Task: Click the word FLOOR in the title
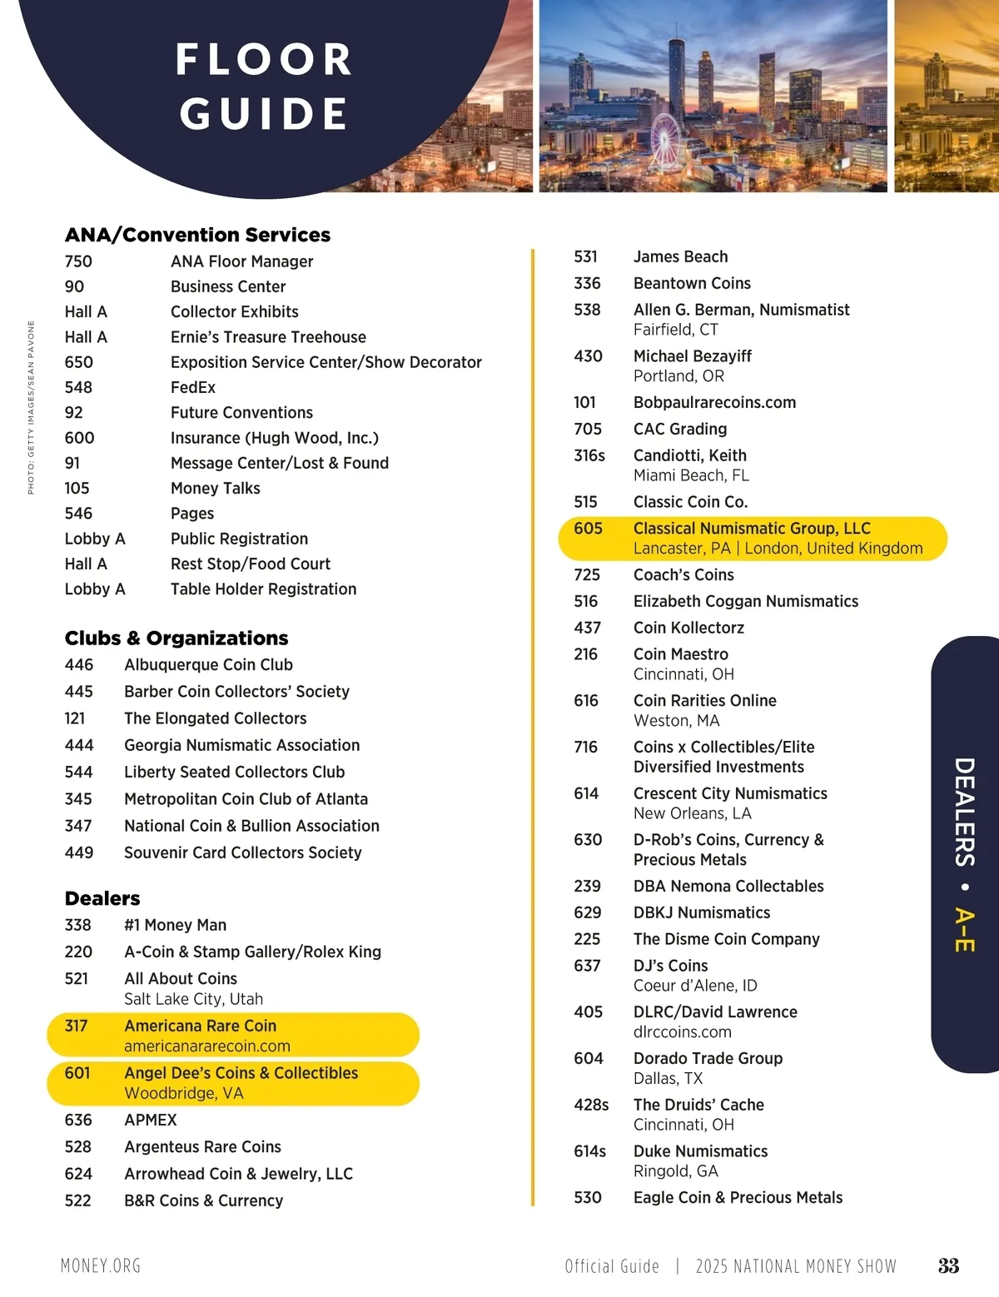(264, 60)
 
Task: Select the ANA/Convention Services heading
(197, 235)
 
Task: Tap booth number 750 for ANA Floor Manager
(78, 261)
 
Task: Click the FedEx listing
(193, 387)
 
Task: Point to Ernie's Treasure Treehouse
(268, 337)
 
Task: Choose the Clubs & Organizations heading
(176, 639)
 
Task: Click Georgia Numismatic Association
(241, 745)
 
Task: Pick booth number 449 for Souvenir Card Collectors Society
(79, 852)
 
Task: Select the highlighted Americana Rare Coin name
(200, 1026)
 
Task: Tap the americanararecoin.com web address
(207, 1046)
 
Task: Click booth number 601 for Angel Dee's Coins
(77, 1073)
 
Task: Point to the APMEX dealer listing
(151, 1121)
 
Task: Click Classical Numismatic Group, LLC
(752, 529)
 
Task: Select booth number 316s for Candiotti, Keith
(589, 455)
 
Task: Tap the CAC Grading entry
(680, 429)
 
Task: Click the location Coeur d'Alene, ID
(695, 986)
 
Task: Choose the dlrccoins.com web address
(683, 1032)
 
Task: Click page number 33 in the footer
(948, 1266)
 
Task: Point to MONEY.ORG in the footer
(101, 1266)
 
